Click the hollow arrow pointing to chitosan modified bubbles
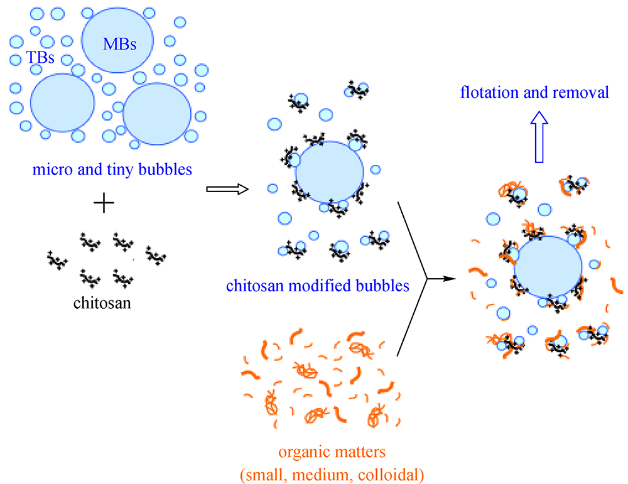click(227, 189)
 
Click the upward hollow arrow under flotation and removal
click(538, 138)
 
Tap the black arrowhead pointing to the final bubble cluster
click(447, 277)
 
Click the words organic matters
click(332, 452)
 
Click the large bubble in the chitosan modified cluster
click(329, 175)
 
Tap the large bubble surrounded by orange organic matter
click(547, 266)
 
